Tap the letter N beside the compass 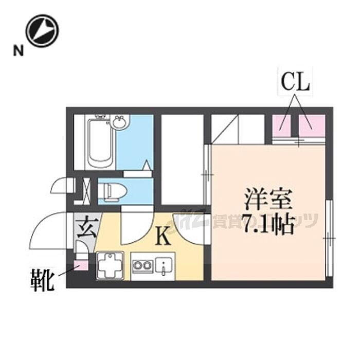(x=19, y=50)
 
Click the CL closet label (x=295, y=82)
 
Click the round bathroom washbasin (x=120, y=123)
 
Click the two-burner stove (x=142, y=266)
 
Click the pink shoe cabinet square (x=81, y=266)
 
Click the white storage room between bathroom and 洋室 (x=183, y=159)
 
